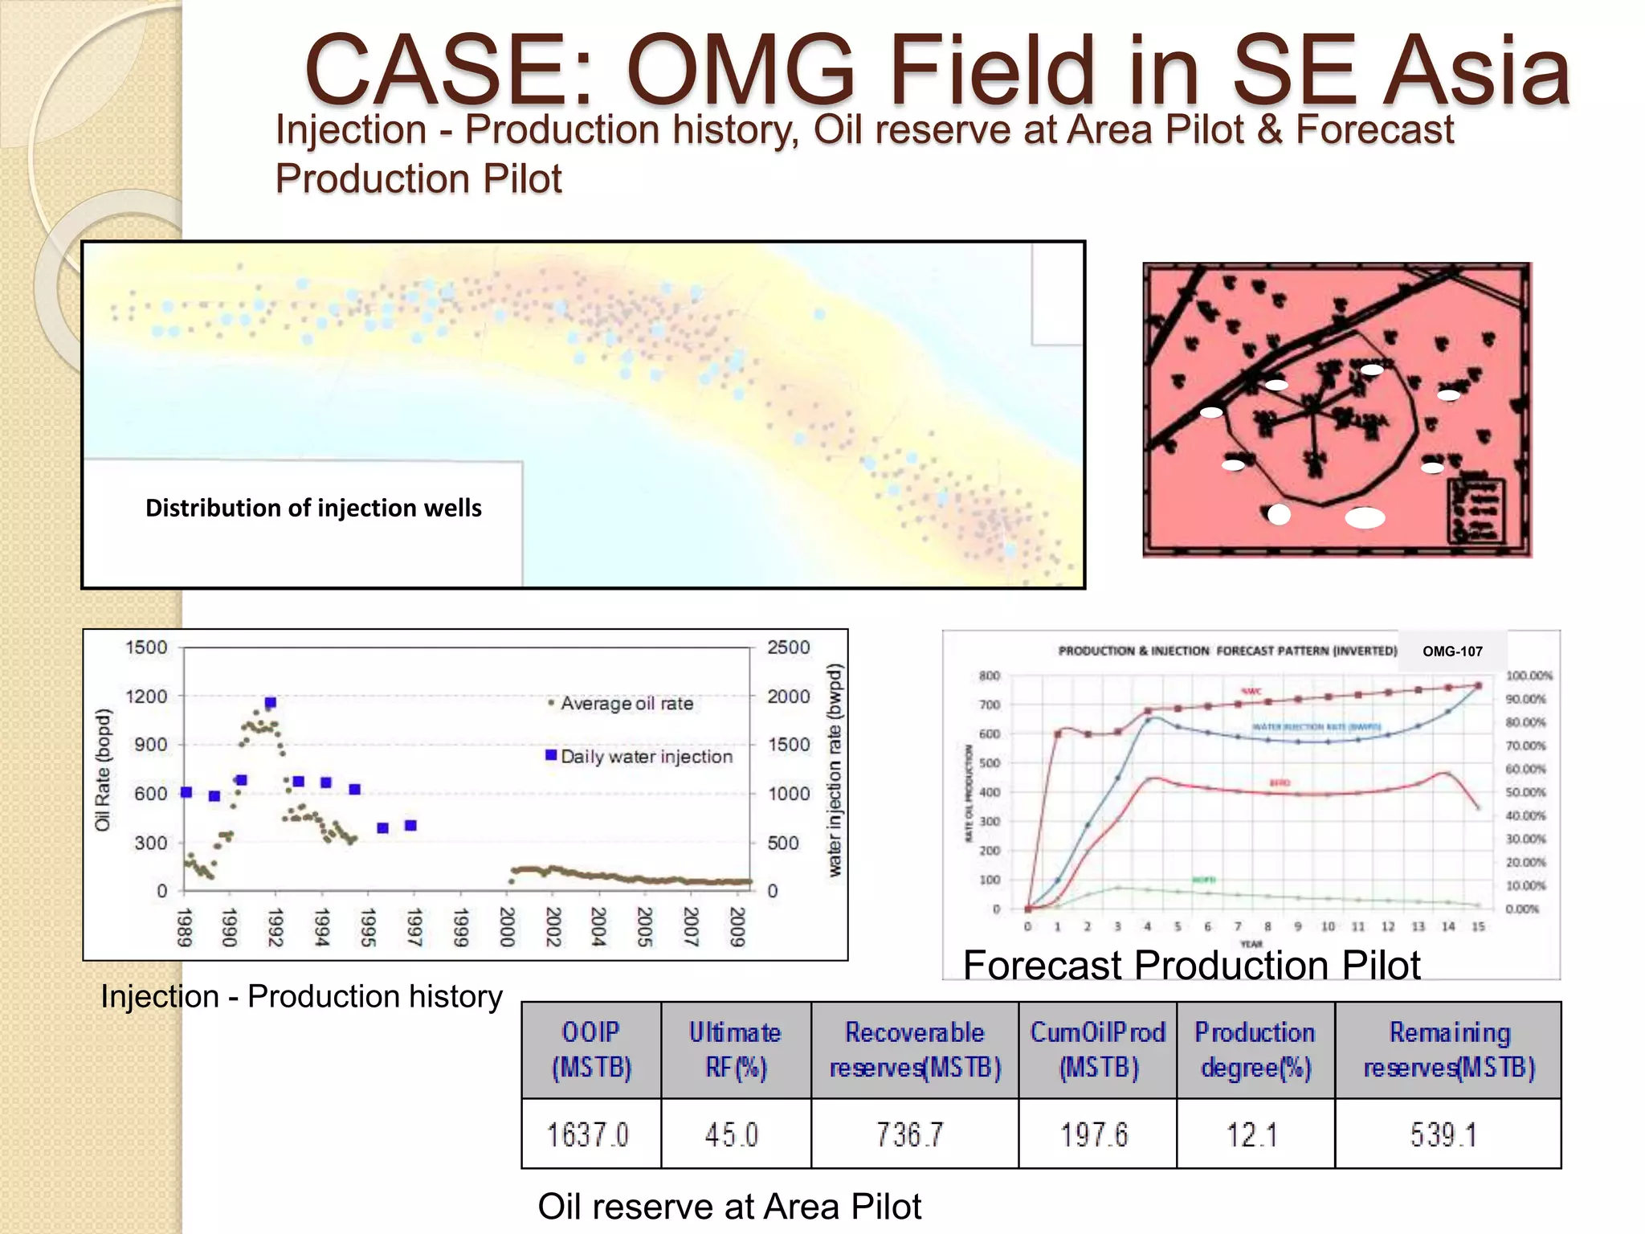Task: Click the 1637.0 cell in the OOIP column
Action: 589,1134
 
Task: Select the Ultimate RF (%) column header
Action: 735,1049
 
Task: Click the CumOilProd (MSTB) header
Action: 1097,1049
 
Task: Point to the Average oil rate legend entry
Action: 626,704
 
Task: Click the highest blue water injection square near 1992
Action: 271,703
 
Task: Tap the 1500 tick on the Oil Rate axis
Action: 146,648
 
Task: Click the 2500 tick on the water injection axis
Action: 788,648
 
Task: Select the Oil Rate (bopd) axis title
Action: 102,770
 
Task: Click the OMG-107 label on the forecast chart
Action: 1452,652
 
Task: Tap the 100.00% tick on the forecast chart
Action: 1529,676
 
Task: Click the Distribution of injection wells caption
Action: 313,508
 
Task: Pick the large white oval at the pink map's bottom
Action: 1365,517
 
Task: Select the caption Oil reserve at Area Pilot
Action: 729,1206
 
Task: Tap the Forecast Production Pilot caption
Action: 1191,965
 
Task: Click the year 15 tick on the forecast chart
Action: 1478,926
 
